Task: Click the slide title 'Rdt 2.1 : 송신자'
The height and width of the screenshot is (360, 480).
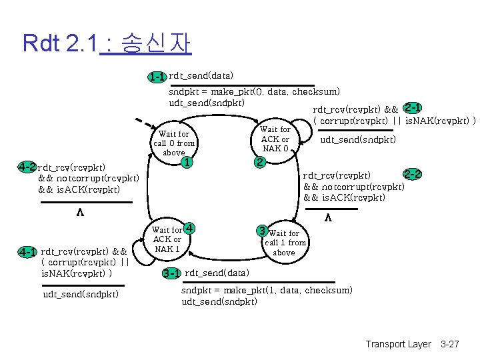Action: point(107,43)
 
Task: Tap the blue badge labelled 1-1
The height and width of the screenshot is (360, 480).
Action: point(157,77)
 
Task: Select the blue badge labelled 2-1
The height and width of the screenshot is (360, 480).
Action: point(411,108)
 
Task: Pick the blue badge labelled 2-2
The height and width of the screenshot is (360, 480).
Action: point(412,175)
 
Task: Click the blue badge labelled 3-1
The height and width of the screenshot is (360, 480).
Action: point(171,273)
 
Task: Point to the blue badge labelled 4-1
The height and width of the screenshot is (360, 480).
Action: point(28,252)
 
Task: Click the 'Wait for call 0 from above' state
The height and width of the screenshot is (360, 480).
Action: point(174,143)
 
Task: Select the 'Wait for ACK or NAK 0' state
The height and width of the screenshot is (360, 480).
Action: point(275,139)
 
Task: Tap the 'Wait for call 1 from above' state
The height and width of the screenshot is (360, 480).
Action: point(285,243)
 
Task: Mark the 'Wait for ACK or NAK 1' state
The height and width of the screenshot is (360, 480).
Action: point(167,239)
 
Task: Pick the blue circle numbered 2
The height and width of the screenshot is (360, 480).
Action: point(260,162)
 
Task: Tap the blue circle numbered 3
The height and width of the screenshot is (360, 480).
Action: point(263,231)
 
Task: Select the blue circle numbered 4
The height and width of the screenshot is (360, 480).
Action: point(189,228)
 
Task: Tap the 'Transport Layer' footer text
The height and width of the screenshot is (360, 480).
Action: point(398,344)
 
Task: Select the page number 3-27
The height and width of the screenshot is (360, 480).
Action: point(450,344)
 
